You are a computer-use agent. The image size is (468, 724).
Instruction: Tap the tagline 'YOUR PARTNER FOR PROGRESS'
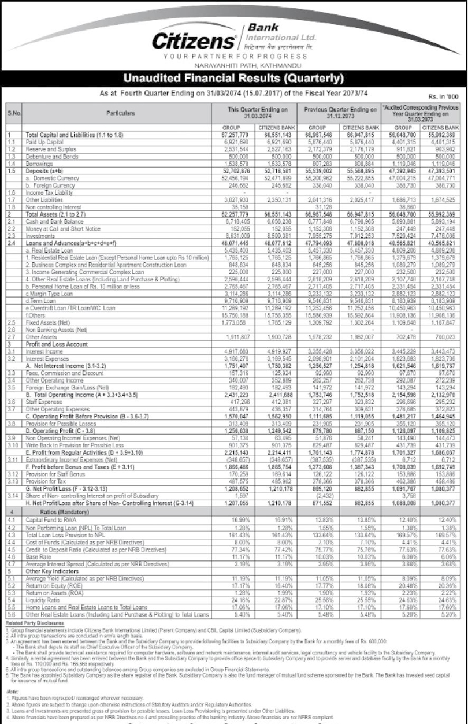point(235,57)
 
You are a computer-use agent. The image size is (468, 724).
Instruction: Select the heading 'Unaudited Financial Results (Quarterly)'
point(234,79)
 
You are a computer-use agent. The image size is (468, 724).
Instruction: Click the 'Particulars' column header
point(121,114)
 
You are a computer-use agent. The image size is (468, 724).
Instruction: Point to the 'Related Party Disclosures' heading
point(34,625)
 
